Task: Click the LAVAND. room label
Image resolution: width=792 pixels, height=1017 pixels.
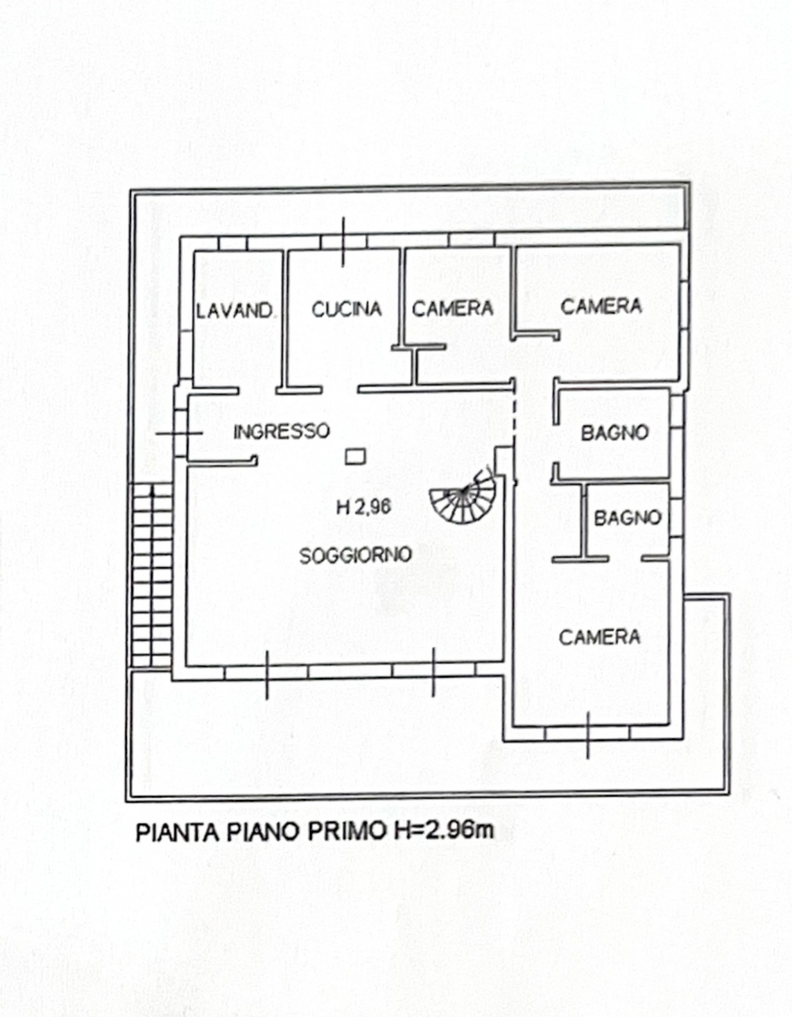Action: coord(235,311)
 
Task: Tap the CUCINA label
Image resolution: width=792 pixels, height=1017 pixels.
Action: coord(347,309)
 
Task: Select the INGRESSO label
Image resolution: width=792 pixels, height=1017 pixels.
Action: coord(282,431)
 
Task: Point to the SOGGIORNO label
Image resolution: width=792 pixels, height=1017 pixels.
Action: coord(356,555)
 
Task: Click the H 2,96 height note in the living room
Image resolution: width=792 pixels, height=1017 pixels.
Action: coord(364,506)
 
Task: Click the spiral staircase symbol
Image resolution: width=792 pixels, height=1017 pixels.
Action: coord(464,496)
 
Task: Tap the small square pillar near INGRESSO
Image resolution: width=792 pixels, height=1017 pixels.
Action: coord(356,456)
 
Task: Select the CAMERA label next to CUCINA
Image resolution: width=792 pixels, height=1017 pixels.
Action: coord(453,308)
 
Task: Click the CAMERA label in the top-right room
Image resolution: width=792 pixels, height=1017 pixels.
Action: coord(601,306)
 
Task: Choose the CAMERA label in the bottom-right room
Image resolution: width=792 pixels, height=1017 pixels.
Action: coord(600,637)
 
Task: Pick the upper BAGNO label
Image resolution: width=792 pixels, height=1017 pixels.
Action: coord(615,433)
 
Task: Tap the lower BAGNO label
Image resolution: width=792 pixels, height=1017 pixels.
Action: coord(628,518)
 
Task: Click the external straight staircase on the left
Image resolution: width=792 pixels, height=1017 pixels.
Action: coord(152,575)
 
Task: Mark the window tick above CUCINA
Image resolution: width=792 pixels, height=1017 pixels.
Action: coord(343,242)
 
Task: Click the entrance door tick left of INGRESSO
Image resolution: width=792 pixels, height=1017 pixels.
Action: coord(179,433)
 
